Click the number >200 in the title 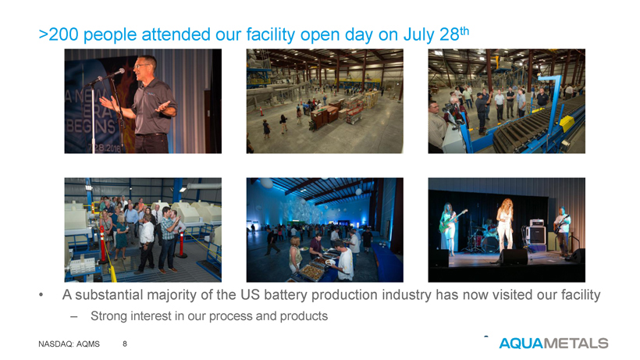pos(59,34)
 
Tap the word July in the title pos(419,35)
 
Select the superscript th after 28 pos(464,31)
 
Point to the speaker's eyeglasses pos(141,66)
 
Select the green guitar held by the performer pos(453,221)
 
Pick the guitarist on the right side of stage pos(563,230)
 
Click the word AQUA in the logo pos(521,344)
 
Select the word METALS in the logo pos(575,344)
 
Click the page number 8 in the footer pos(125,344)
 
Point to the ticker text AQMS pos(87,344)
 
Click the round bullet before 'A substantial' pos(41,295)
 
